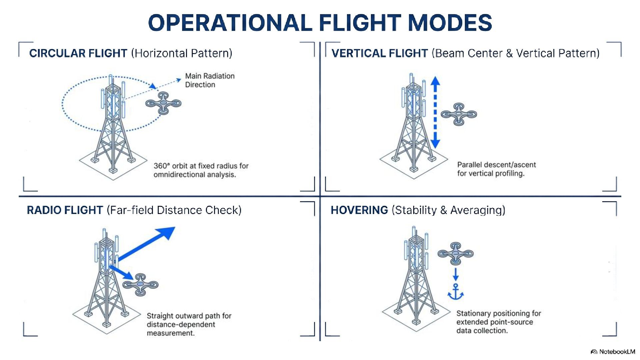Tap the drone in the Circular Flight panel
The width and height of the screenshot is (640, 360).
163,103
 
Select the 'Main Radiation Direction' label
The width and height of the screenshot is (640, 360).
210,80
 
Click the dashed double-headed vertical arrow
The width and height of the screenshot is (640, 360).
435,112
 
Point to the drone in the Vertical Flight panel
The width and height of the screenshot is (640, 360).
459,114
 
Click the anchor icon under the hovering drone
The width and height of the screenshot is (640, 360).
455,292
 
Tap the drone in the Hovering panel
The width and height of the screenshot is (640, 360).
455,254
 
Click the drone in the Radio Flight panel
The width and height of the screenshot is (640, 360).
140,284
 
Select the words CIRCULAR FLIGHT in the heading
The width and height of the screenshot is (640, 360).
78,53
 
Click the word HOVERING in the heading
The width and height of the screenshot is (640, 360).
359,210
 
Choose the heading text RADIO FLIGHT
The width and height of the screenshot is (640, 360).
65,210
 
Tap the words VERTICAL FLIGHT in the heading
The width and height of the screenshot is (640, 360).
379,53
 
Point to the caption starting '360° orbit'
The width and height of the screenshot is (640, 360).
201,170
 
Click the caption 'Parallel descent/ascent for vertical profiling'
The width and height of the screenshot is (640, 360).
496,169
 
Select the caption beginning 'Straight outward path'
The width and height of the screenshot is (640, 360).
189,324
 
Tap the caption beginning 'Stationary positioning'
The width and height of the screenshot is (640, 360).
498,322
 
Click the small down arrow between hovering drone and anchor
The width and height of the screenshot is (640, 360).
455,274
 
